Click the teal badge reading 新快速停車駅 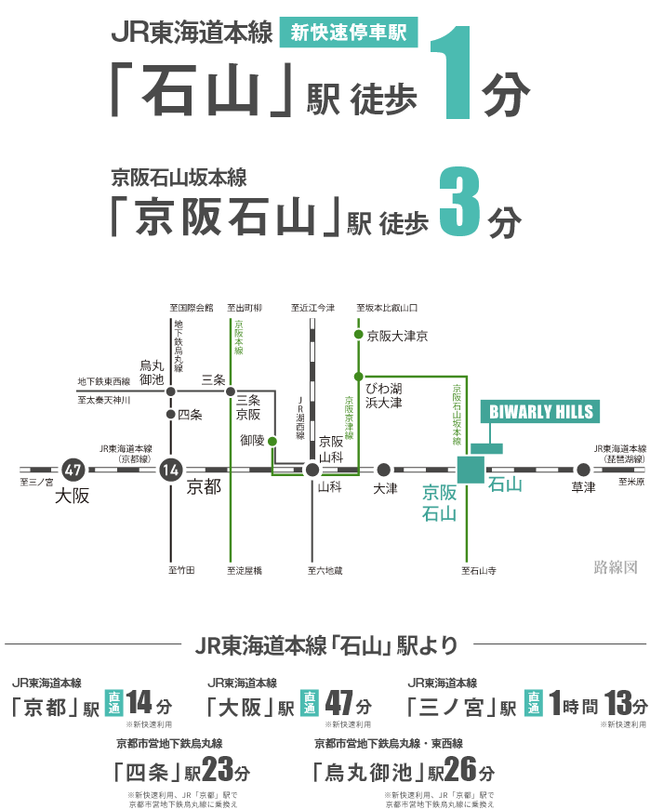pyautogui.click(x=348, y=32)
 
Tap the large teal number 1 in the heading pyautogui.click(x=452, y=73)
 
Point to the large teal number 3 pyautogui.click(x=460, y=202)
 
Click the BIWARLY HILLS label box pyautogui.click(x=540, y=412)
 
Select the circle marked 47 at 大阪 pyautogui.click(x=73, y=470)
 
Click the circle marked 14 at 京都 pyautogui.click(x=171, y=470)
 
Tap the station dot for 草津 pyautogui.click(x=583, y=470)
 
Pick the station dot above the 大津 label pyautogui.click(x=383, y=470)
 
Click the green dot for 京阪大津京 pyautogui.click(x=359, y=335)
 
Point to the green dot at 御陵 pyautogui.click(x=272, y=441)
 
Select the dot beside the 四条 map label pyautogui.click(x=171, y=414)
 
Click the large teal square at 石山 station pyautogui.click(x=471, y=470)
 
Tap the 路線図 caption pyautogui.click(x=616, y=567)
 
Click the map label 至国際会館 pyautogui.click(x=192, y=308)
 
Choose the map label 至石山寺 pyautogui.click(x=479, y=570)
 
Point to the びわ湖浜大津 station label pyautogui.click(x=384, y=395)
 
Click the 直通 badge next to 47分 pyautogui.click(x=310, y=703)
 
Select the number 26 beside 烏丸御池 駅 pyautogui.click(x=460, y=769)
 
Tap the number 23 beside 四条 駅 pyautogui.click(x=218, y=769)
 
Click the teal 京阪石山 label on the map pyautogui.click(x=439, y=503)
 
